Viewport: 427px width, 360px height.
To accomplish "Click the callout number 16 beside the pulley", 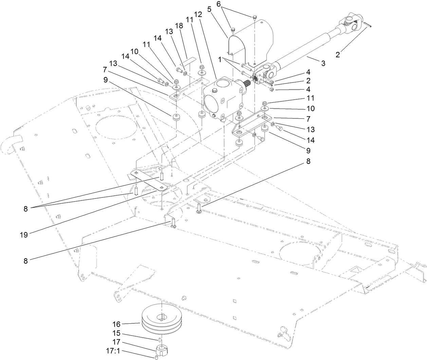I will pos(126,324).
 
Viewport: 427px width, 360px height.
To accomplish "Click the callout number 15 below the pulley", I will pos(126,334).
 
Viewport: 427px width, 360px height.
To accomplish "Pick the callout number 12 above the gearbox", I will pos(198,15).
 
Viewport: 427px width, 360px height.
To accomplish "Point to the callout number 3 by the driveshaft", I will pos(323,63).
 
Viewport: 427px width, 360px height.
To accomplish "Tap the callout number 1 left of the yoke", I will pos(220,59).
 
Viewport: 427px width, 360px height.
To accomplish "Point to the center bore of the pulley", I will pos(162,318).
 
